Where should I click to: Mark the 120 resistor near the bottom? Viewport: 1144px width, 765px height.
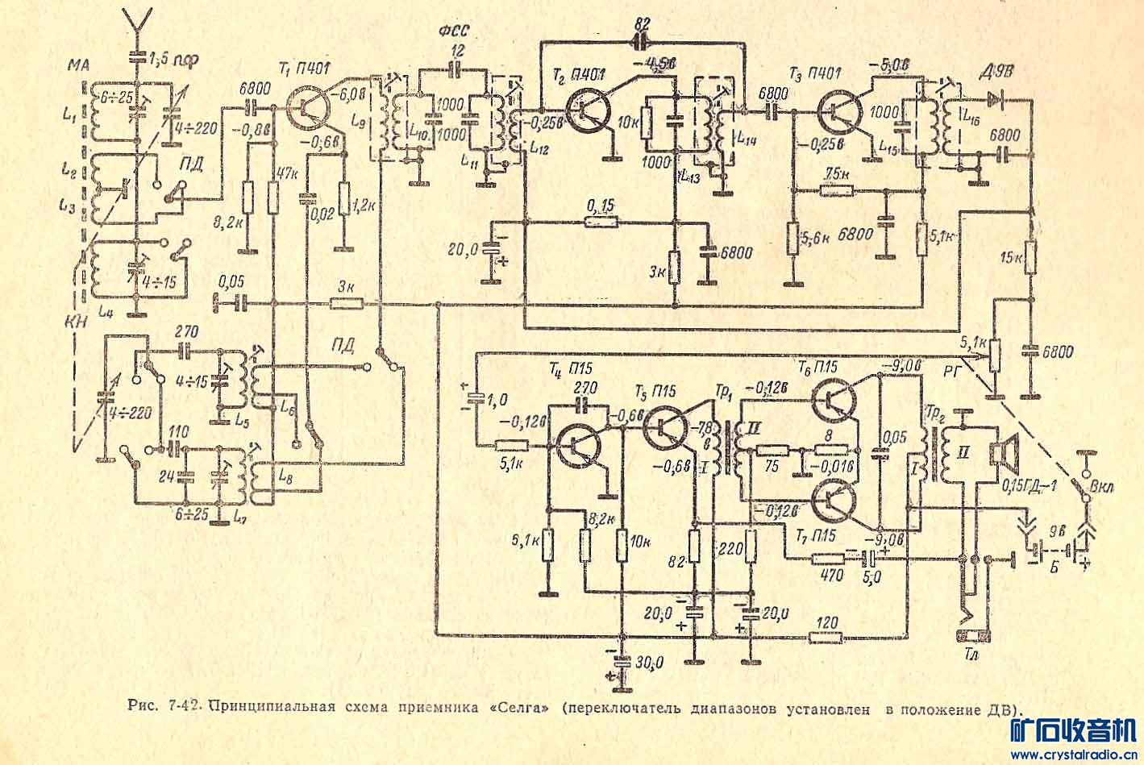tap(826, 637)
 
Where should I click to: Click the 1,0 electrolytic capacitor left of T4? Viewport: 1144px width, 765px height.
tap(475, 398)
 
